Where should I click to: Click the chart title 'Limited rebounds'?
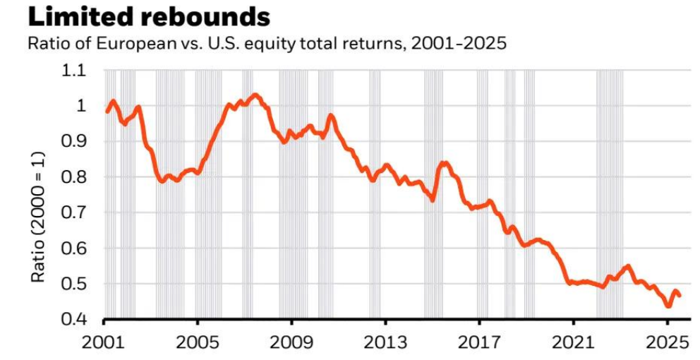(138, 16)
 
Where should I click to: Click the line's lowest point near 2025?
(668, 306)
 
